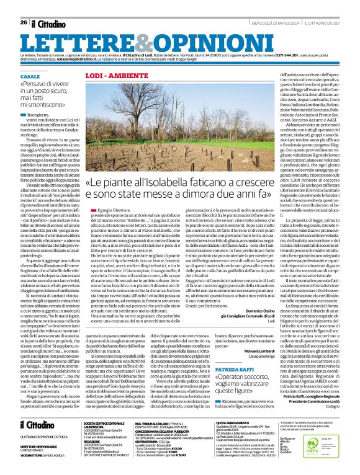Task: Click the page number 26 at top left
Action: (23, 6)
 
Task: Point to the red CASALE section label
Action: (29, 75)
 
